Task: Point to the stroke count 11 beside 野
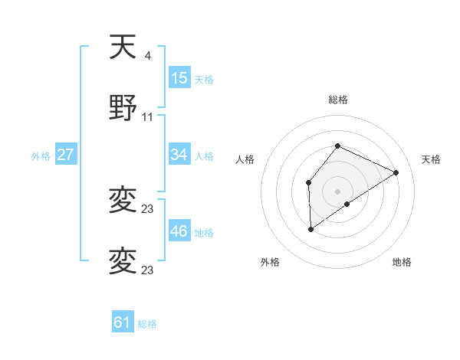point(148,116)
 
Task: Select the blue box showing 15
point(179,78)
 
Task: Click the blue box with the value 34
point(179,155)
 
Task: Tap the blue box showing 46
point(179,231)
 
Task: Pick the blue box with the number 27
point(66,155)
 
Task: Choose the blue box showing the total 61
point(123,323)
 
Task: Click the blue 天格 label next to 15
point(204,79)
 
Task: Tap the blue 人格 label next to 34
point(204,155)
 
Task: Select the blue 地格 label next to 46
point(204,232)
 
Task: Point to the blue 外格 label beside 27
point(41,155)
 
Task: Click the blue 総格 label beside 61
point(147,324)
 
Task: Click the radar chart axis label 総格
point(337,100)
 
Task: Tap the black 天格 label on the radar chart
point(432,159)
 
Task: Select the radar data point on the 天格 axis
point(396,172)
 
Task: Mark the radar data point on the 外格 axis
point(311,228)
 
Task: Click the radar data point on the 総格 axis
point(337,146)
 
